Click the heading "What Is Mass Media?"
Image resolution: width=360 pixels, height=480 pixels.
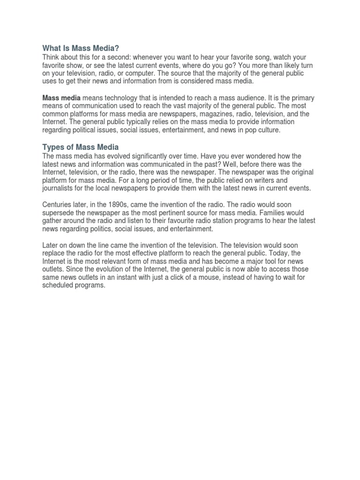(81, 48)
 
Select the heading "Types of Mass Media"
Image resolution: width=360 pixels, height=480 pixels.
(81, 147)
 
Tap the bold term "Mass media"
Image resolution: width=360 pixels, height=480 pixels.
(61, 97)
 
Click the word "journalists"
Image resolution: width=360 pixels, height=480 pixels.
(59, 188)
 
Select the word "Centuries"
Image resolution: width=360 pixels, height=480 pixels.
(59, 205)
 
